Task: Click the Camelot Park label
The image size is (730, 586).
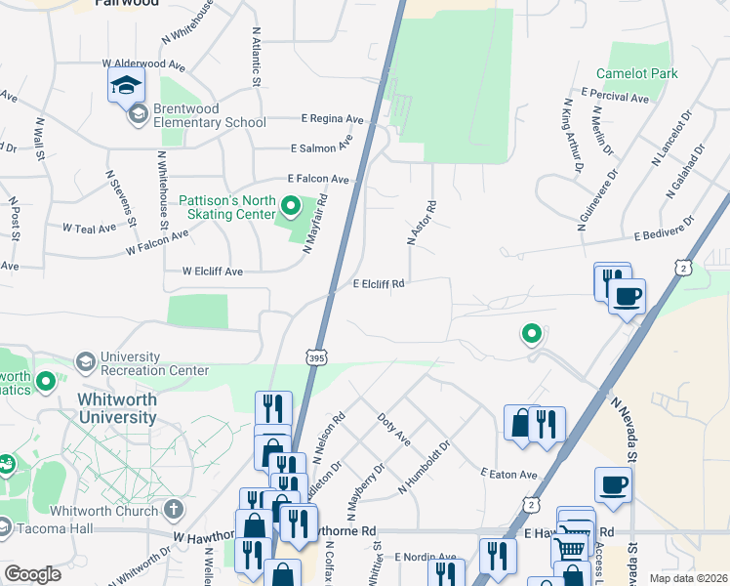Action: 636,73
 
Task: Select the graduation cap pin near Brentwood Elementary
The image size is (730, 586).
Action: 126,85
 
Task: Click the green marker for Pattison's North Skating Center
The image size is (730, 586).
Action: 290,207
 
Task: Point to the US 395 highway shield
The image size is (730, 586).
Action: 315,359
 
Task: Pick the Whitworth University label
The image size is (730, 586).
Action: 116,408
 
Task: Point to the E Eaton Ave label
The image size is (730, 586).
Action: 508,474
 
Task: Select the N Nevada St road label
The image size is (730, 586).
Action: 623,429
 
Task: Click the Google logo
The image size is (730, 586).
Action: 31,574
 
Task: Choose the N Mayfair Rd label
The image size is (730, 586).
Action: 314,224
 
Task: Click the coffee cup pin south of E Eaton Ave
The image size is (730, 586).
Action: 613,484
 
